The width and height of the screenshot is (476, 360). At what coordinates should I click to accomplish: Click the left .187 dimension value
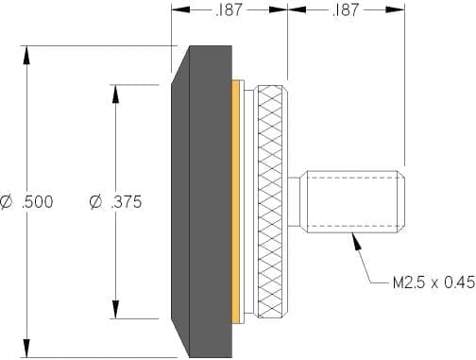point(229,10)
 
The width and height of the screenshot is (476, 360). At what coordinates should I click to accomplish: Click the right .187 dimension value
point(346,10)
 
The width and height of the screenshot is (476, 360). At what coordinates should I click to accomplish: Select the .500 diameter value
point(38,202)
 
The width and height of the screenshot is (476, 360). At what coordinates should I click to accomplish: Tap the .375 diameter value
point(127,202)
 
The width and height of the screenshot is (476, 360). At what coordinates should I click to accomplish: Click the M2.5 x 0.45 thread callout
point(434,282)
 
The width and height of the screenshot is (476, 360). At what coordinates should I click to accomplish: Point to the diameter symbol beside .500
point(7,202)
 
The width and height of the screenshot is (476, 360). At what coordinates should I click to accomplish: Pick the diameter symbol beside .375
point(95,202)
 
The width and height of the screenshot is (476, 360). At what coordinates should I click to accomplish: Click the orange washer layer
point(235,202)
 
